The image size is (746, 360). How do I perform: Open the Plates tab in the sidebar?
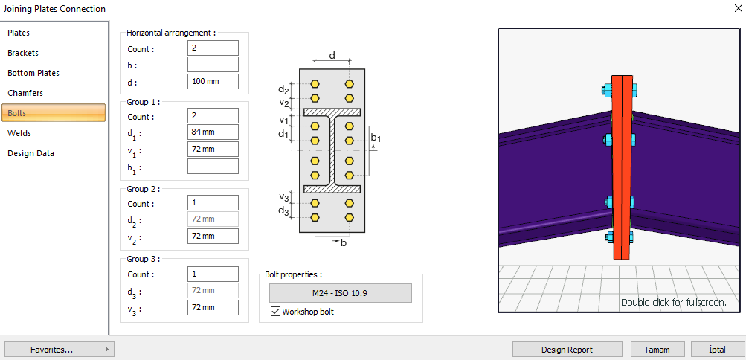[x=19, y=33]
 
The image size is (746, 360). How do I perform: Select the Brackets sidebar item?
[x=23, y=54]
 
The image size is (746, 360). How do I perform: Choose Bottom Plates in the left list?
[x=33, y=74]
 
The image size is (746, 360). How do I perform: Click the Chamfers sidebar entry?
[x=25, y=94]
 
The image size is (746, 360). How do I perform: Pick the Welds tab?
[x=19, y=134]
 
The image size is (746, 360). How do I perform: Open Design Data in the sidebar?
[x=31, y=154]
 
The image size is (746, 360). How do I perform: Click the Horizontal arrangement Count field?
[x=213, y=48]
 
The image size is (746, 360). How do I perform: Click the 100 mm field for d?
[x=213, y=82]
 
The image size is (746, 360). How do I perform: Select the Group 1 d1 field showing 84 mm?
[x=213, y=133]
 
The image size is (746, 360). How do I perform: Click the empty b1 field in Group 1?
[x=213, y=166]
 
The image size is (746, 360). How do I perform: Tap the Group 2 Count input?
[x=213, y=203]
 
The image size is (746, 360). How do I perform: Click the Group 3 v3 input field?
[x=213, y=308]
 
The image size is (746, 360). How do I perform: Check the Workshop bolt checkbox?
[x=275, y=312]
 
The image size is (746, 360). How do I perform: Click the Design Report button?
[x=567, y=350]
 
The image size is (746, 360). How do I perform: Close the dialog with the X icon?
[x=735, y=9]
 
